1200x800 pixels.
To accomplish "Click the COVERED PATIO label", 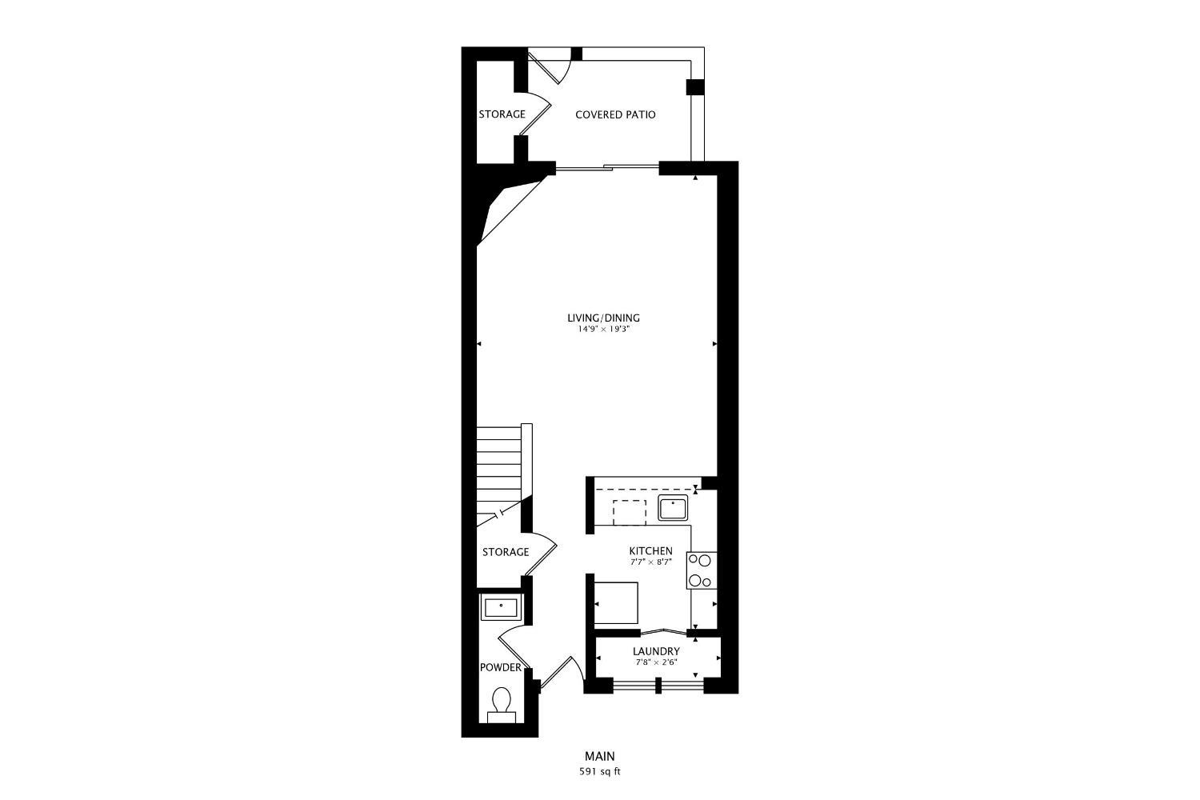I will (615, 114).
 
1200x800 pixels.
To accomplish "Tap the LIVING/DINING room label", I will (603, 318).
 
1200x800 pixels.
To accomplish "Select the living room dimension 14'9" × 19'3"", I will (603, 329).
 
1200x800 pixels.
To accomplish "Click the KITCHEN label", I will (650, 551).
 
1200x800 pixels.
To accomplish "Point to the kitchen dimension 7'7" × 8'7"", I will (650, 562).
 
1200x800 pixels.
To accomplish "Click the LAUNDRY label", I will (656, 651).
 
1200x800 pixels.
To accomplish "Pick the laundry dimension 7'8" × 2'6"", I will (656, 662).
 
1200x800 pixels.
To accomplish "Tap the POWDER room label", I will (500, 667).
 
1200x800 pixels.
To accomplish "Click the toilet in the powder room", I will (502, 703).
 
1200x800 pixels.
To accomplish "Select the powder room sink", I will (501, 607).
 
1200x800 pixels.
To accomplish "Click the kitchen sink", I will (674, 508).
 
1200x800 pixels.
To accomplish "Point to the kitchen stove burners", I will (701, 570).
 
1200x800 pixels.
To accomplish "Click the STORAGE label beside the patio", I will (502, 114).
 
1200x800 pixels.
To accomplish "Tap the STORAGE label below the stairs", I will (505, 552).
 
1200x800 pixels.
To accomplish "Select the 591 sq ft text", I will (600, 772).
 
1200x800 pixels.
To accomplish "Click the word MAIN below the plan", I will (600, 756).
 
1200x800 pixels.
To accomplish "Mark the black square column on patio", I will (695, 87).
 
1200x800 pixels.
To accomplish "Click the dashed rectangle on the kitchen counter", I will (630, 512).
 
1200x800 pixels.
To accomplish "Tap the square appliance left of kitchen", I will (617, 602).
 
